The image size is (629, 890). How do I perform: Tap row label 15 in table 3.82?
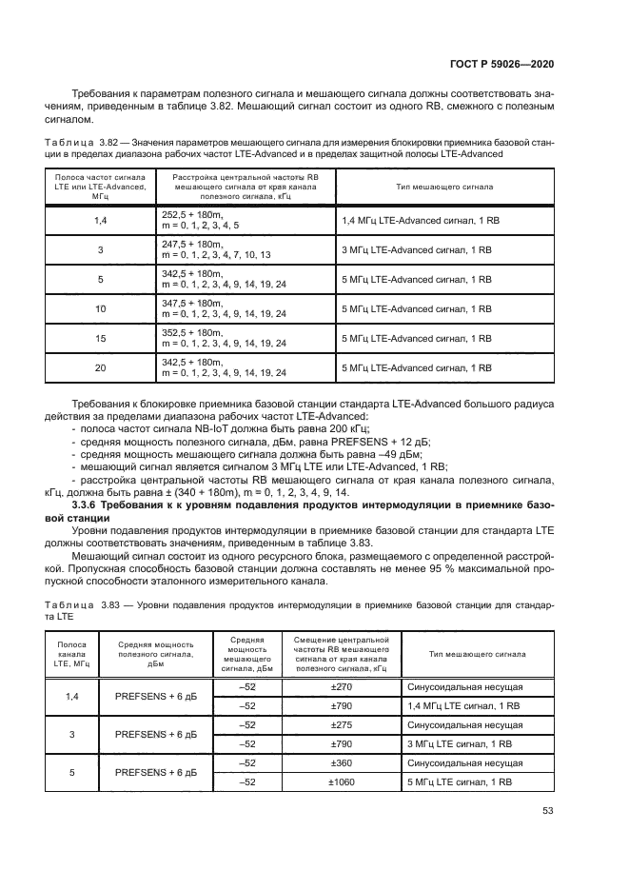(x=100, y=338)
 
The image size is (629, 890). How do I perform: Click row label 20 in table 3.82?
(x=100, y=367)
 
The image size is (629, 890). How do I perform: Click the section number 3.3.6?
(x=85, y=504)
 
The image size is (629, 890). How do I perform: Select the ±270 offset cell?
(x=341, y=686)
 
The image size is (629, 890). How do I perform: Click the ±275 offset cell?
(x=341, y=725)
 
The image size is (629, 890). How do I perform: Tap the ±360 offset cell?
(x=341, y=763)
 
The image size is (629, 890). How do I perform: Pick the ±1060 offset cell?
(x=341, y=781)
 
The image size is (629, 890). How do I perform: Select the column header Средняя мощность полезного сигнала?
(x=156, y=654)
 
